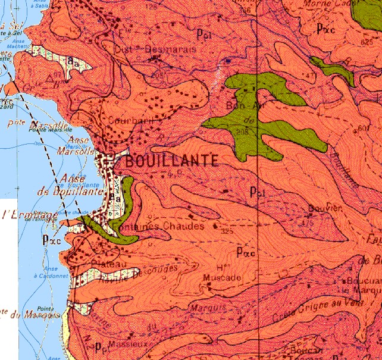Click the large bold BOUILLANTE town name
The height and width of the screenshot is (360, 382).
[x=170, y=160]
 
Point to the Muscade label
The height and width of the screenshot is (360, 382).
[x=222, y=278]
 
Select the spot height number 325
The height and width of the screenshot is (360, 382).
[x=226, y=231]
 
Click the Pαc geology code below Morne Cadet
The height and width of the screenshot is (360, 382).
[x=327, y=28]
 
